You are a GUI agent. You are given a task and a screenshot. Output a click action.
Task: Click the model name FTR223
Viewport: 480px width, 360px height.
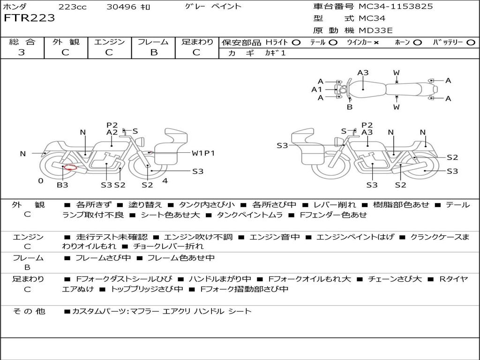pos(29,18)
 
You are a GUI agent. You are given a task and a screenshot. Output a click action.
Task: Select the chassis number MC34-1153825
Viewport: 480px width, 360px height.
pos(396,7)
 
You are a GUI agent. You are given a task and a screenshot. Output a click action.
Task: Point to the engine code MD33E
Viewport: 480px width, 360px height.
pos(376,31)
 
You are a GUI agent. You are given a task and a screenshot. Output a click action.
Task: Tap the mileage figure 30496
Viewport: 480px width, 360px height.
pos(121,7)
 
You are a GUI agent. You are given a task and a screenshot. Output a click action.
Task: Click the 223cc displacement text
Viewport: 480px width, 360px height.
pos(73,7)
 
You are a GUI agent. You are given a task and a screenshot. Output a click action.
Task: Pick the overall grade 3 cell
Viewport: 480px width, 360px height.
pos(22,52)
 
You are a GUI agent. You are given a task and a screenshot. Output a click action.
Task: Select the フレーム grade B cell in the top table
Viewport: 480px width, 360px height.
pos(153,52)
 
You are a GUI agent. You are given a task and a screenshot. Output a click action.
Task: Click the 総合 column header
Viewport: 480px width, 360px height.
pos(22,42)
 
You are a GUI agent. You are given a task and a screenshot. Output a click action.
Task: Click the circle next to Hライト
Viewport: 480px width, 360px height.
pos(296,43)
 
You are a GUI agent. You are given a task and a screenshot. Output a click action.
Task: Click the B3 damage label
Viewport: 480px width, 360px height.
pos(62,185)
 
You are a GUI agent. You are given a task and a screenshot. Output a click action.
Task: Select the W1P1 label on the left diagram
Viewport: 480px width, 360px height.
pos(203,153)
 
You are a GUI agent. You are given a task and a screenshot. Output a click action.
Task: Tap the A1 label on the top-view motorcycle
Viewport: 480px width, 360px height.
pos(317,89)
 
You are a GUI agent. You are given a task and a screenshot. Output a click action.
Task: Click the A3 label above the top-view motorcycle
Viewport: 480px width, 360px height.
pos(363,73)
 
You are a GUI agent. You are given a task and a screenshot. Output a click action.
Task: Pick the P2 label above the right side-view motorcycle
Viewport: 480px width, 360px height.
pos(367,125)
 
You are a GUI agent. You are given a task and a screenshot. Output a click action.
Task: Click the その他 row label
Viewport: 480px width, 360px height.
pos(29,311)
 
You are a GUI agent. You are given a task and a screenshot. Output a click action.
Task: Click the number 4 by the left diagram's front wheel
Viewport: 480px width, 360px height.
pos(165,180)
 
